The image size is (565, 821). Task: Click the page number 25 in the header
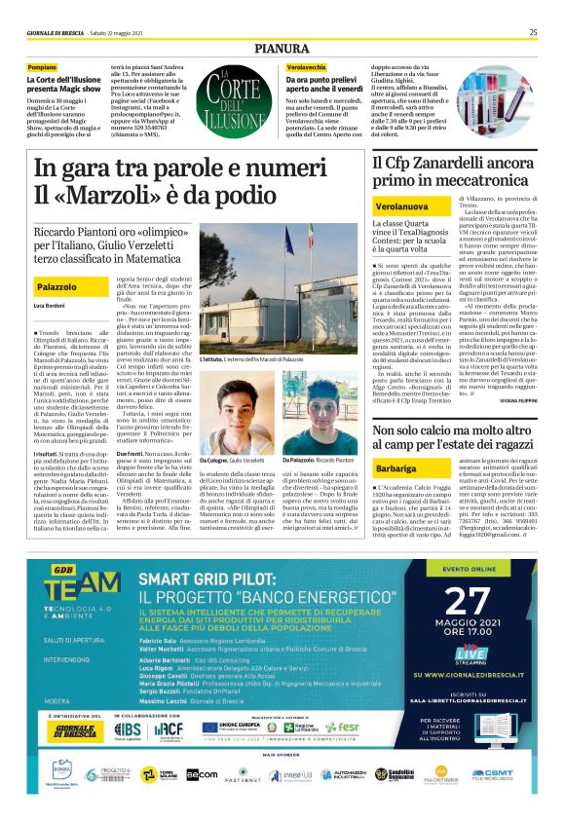point(533,31)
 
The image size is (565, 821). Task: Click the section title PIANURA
point(282,47)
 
